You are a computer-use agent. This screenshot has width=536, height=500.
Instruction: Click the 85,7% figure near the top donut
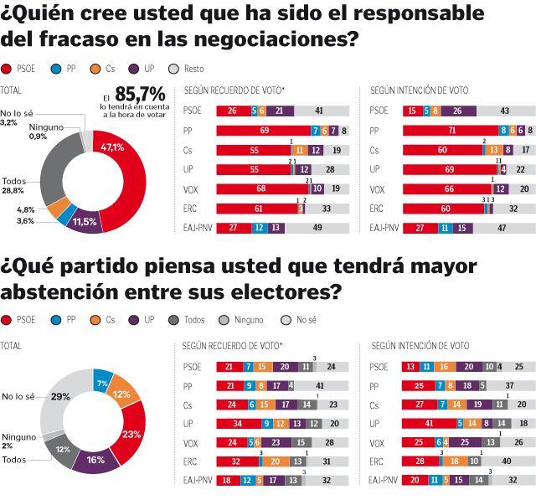pyautogui.click(x=139, y=95)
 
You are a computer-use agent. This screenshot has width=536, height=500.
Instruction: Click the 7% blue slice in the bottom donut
pyautogui.click(x=103, y=382)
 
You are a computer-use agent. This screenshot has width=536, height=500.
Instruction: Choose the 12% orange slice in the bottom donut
pyautogui.click(x=122, y=394)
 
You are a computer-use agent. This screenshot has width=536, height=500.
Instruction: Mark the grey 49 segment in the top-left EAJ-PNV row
pyautogui.click(x=318, y=227)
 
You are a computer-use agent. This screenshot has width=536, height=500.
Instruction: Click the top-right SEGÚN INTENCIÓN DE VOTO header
pyautogui.click(x=420, y=90)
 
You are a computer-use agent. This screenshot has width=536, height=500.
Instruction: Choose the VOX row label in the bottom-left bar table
pyautogui.click(x=191, y=443)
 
